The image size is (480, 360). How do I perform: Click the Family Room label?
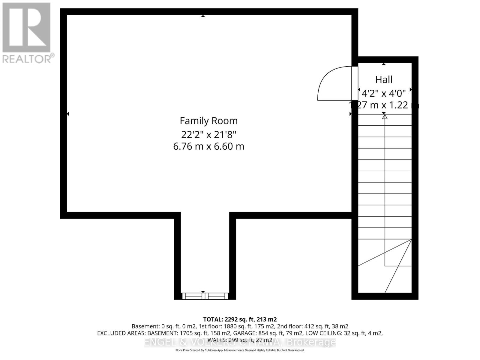coord(208,121)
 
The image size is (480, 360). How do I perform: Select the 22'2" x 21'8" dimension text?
coord(208,134)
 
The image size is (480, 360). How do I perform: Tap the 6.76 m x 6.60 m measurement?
coord(208,146)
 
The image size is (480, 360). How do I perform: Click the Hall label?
coord(384,79)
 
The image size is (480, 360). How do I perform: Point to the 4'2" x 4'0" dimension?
coord(384,93)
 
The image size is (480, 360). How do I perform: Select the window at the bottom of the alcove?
coord(205,296)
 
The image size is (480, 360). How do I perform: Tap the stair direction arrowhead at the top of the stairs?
coord(385,116)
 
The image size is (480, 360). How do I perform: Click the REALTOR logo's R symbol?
coord(26,28)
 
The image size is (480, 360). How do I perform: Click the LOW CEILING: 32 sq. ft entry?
coord(344,333)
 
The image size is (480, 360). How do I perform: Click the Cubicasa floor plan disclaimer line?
coord(240,350)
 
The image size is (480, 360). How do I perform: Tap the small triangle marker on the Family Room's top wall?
coord(203,16)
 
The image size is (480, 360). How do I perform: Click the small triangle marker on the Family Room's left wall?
coord(68,114)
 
